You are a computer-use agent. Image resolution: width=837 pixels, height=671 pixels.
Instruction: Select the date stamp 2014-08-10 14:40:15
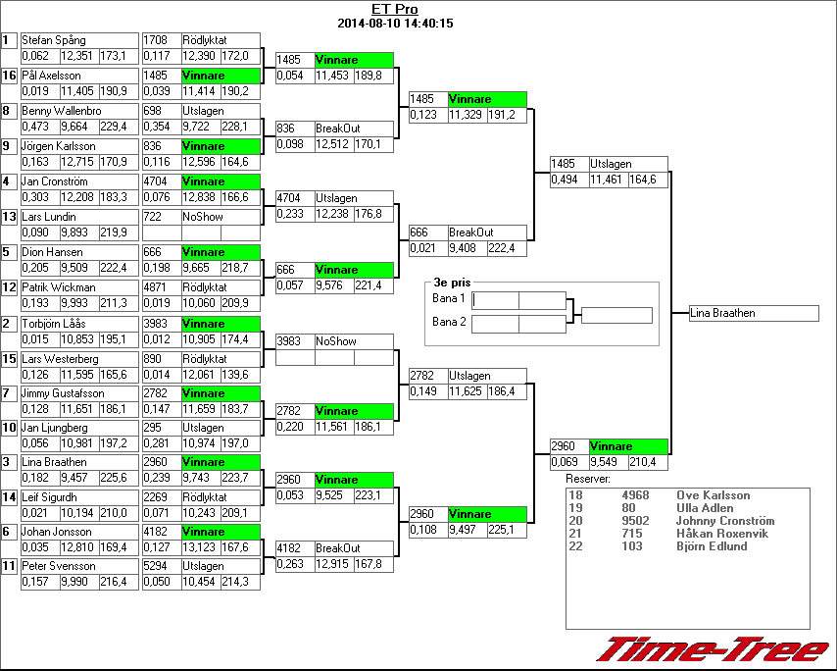(394, 23)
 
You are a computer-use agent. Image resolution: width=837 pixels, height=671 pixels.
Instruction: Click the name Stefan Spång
(54, 40)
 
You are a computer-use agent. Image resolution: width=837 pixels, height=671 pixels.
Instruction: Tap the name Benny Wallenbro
(61, 111)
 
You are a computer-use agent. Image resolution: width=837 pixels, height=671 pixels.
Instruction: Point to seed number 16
(9, 76)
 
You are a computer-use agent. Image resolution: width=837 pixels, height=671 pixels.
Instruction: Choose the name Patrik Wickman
(59, 287)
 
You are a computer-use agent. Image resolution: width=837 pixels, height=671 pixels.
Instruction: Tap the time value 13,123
(200, 548)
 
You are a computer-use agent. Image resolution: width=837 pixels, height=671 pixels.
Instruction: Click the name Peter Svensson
(60, 566)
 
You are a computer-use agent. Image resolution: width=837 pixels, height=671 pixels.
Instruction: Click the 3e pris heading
(447, 282)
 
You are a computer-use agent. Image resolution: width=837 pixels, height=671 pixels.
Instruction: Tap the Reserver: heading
(588, 479)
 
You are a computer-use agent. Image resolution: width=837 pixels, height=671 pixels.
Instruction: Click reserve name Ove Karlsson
(713, 496)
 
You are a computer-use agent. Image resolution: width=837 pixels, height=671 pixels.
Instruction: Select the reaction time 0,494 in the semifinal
(564, 180)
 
